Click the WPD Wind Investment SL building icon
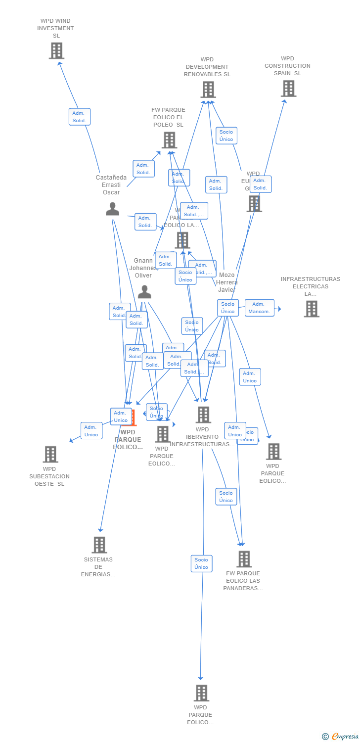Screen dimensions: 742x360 click(56, 50)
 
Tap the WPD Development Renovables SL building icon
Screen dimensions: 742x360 click(208, 90)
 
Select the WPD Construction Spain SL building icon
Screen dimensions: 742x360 click(288, 89)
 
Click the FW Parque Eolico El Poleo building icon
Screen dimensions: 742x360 click(169, 140)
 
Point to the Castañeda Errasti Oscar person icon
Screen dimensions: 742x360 click(112, 209)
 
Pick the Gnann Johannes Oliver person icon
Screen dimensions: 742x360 click(144, 292)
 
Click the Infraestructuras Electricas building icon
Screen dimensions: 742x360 click(311, 309)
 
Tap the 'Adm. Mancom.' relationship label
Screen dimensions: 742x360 click(259, 308)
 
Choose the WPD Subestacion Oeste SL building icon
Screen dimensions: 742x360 click(50, 454)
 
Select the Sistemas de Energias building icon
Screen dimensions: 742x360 click(99, 545)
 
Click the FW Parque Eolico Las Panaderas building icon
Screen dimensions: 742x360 click(244, 559)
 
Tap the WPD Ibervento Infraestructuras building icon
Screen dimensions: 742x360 click(203, 415)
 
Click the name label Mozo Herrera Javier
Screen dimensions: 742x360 click(226, 282)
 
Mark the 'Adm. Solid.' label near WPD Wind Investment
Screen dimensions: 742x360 click(79, 117)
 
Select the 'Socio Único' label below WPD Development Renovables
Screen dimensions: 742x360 click(226, 136)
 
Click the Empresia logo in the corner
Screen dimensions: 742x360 click(341, 737)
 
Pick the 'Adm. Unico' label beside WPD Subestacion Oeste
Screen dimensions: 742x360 click(91, 431)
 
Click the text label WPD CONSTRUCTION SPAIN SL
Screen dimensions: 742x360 click(287, 66)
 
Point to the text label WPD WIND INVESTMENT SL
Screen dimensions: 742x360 click(55, 28)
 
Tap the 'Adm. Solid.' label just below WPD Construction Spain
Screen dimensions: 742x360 click(260, 184)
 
